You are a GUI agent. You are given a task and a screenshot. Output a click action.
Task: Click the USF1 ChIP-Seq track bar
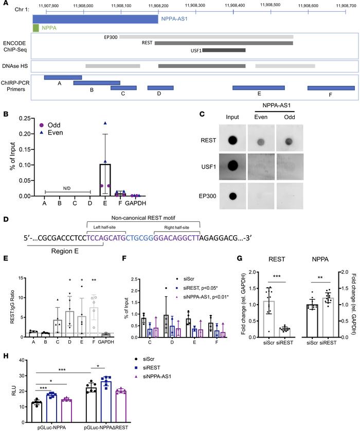pos(224,50)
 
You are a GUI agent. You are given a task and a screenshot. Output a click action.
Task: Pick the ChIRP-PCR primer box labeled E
pos(259,88)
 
